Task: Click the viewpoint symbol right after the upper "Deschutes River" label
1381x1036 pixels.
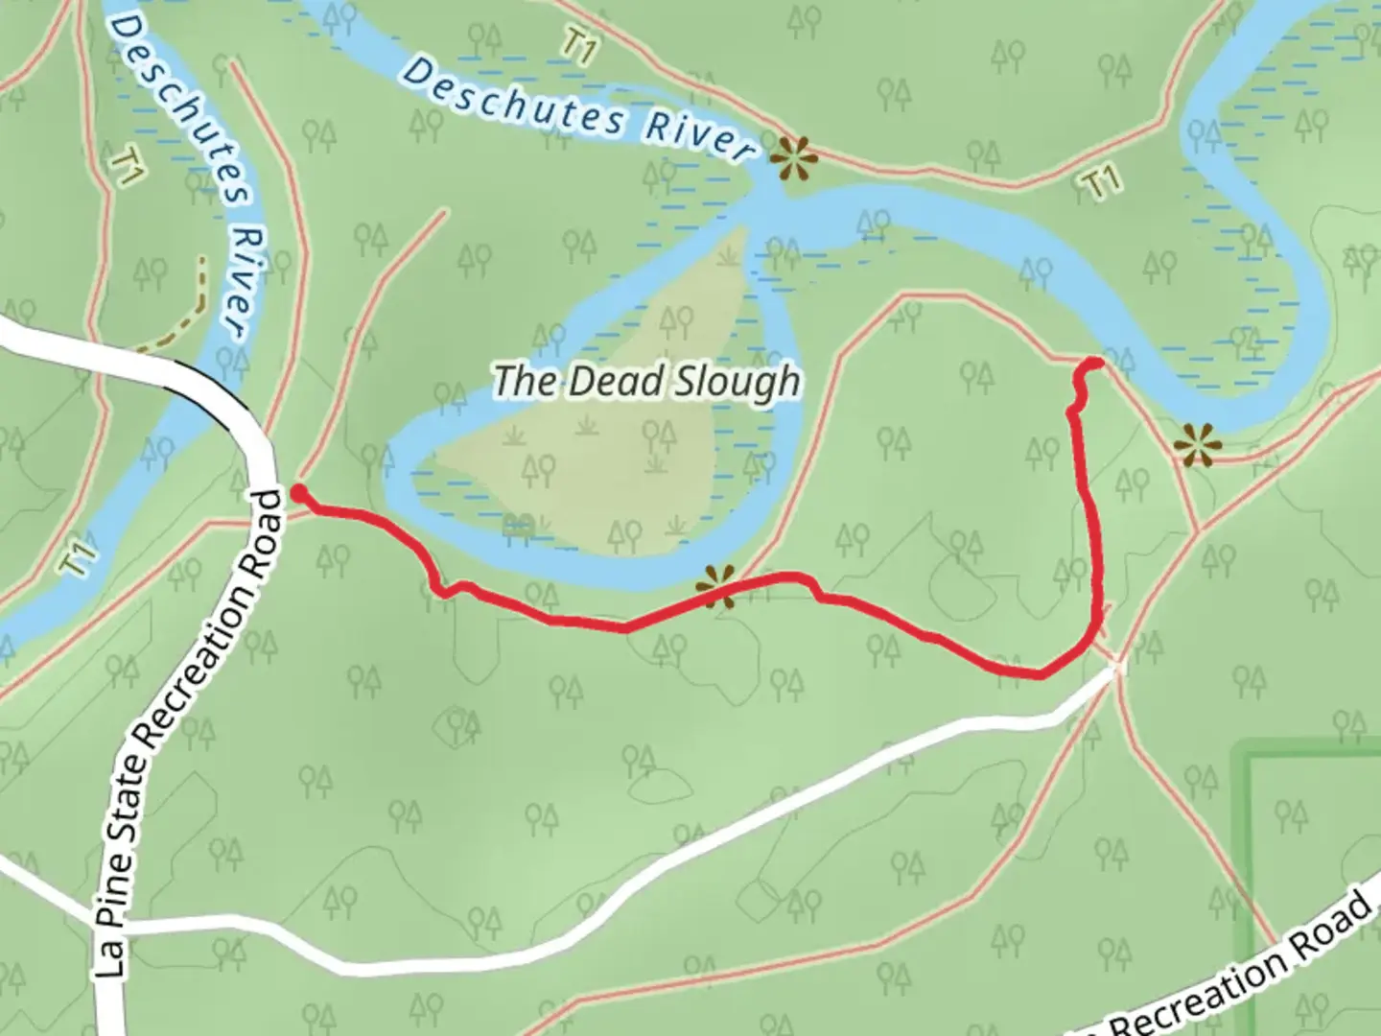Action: coord(795,158)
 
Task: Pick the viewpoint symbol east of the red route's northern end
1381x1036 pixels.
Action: coord(1196,445)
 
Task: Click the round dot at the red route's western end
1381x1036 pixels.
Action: coord(298,493)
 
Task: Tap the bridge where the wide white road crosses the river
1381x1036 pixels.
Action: coord(206,378)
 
